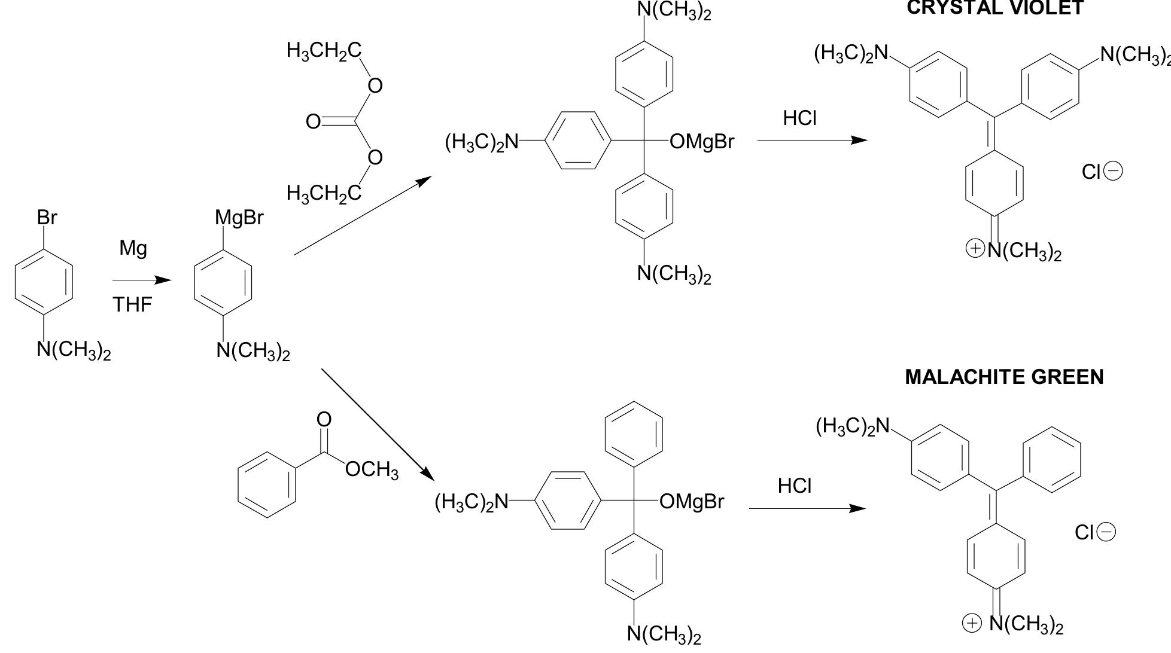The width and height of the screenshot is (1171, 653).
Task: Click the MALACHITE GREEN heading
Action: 1004,377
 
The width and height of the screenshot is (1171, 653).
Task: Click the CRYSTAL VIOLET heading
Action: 995,7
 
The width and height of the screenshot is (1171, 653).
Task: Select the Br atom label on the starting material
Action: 47,218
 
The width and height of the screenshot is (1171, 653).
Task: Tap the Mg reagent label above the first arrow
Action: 133,248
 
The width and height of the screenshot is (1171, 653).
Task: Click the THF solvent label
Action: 132,305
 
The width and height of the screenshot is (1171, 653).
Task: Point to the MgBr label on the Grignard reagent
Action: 239,218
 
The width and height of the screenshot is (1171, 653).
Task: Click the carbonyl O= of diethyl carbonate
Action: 314,122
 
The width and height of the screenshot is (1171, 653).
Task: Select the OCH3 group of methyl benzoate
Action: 372,470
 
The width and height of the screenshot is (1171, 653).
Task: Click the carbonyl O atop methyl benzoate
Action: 324,419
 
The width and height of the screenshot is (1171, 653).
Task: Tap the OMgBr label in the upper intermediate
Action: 701,142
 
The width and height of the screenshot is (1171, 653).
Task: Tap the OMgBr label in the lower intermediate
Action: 692,501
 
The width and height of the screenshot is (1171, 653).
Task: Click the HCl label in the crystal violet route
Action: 799,118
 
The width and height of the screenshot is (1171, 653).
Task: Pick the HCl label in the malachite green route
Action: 795,486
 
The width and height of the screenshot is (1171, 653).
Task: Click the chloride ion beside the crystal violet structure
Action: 1102,172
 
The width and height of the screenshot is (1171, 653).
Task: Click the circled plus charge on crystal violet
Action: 975,248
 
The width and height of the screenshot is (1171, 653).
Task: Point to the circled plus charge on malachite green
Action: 972,623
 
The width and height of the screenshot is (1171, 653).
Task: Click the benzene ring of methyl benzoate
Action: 267,484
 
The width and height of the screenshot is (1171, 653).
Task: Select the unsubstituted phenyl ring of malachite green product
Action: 1052,459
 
